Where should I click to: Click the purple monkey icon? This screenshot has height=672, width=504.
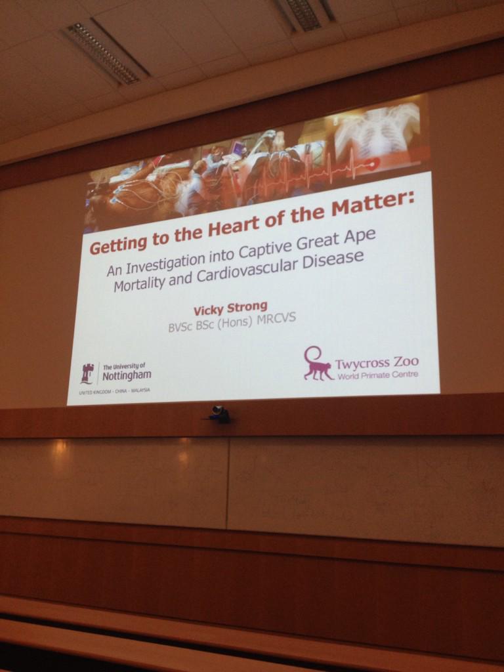(x=318, y=364)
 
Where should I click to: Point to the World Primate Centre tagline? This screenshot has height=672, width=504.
(x=377, y=375)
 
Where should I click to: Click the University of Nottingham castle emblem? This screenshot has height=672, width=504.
(x=87, y=373)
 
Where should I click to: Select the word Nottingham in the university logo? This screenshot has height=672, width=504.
(x=127, y=375)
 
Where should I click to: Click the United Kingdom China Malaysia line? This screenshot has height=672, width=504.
(x=114, y=390)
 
